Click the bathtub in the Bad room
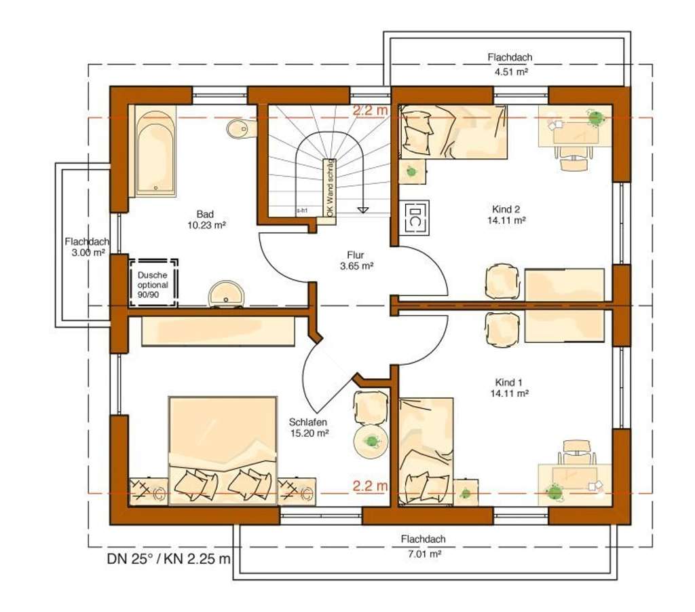[155, 151]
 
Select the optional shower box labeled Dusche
[153, 281]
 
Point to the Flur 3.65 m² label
[357, 261]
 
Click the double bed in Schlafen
[223, 450]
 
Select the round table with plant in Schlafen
[371, 442]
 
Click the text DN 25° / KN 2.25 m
[169, 560]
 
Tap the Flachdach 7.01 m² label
[422, 546]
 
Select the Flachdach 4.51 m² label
[508, 63]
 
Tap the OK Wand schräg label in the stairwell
[330, 188]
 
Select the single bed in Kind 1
[426, 451]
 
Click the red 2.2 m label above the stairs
[370, 110]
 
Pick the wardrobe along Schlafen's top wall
[217, 331]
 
